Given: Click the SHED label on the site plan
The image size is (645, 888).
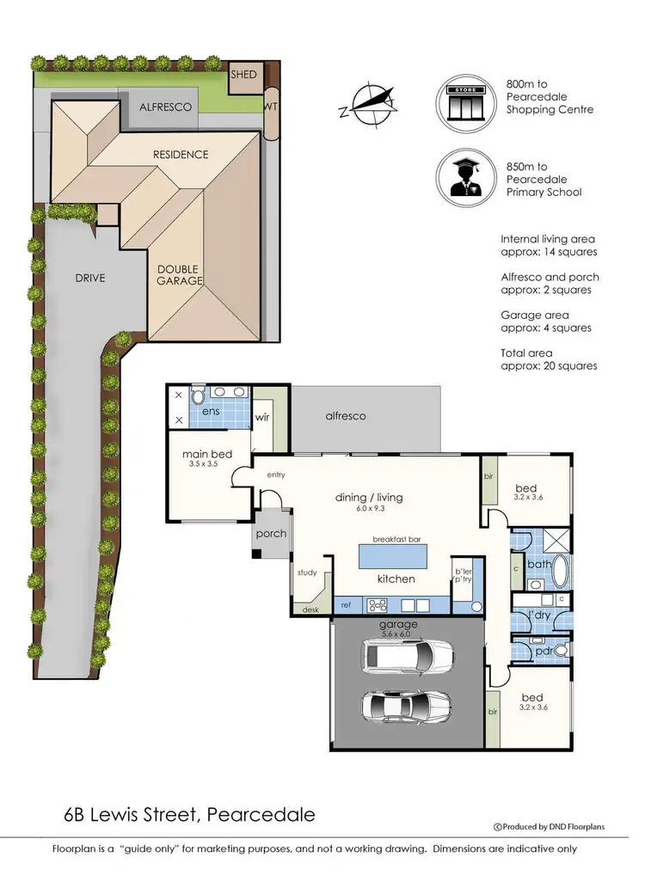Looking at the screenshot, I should pos(243,75).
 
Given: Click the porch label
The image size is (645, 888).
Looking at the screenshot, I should pos(272,534).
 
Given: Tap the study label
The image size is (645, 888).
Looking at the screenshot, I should pos(307,573).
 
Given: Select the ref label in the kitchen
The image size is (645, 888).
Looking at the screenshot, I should pos(346,605).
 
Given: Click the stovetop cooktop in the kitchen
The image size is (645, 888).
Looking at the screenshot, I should pos(378,604).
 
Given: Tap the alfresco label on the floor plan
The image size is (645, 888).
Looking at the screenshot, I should pos(345,416).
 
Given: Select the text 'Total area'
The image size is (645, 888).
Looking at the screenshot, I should pos(526,353).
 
